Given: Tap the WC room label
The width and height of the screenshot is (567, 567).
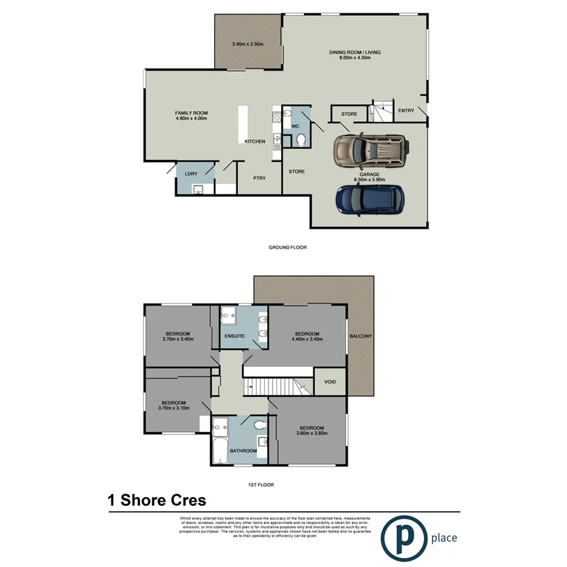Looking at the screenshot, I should [295, 126].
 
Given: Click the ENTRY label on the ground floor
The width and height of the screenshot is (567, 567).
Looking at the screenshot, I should [406, 111].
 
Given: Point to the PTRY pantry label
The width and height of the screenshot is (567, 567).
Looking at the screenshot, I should [259, 178].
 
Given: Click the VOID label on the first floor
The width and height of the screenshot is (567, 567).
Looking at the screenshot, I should [330, 382].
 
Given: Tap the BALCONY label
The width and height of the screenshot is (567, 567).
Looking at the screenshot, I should [361, 336].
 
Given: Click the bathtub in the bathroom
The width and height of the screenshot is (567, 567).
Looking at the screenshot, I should [220, 451].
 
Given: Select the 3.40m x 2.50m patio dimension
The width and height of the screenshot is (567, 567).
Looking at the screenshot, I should [247, 44].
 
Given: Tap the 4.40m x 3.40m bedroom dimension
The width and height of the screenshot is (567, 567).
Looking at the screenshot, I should [307, 339].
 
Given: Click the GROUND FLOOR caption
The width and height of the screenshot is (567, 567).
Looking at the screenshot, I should [287, 248].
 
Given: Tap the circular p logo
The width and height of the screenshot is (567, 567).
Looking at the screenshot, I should [404, 537].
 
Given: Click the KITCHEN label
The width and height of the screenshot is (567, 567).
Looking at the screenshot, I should [255, 142].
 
